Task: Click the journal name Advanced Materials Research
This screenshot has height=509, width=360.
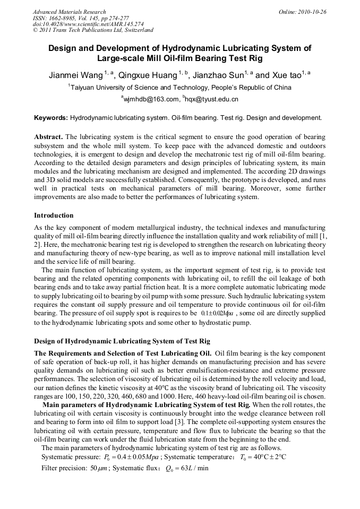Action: coord(69,12)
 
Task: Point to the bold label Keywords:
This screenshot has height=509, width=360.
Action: coord(51,117)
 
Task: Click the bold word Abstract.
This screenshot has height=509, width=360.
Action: coord(48,136)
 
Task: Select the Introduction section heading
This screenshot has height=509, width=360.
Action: coord(54,215)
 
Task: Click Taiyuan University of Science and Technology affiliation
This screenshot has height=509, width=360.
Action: coord(179,88)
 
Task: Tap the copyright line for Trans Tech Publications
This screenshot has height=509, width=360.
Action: coord(93,30)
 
